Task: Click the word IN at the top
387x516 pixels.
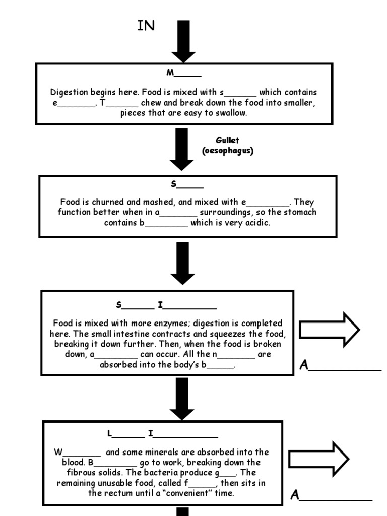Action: (146, 26)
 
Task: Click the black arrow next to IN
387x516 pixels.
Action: (183, 40)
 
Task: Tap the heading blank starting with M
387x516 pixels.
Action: (184, 73)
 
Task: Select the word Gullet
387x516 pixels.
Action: (227, 140)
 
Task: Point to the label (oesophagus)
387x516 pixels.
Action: (227, 151)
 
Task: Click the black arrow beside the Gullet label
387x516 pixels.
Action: (181, 149)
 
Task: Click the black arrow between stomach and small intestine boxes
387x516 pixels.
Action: (182, 263)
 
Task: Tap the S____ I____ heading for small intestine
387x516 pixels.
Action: (166, 305)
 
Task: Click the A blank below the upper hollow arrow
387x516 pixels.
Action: (341, 365)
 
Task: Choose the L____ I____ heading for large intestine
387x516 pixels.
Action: (162, 434)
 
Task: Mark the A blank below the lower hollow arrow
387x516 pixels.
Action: (331, 496)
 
